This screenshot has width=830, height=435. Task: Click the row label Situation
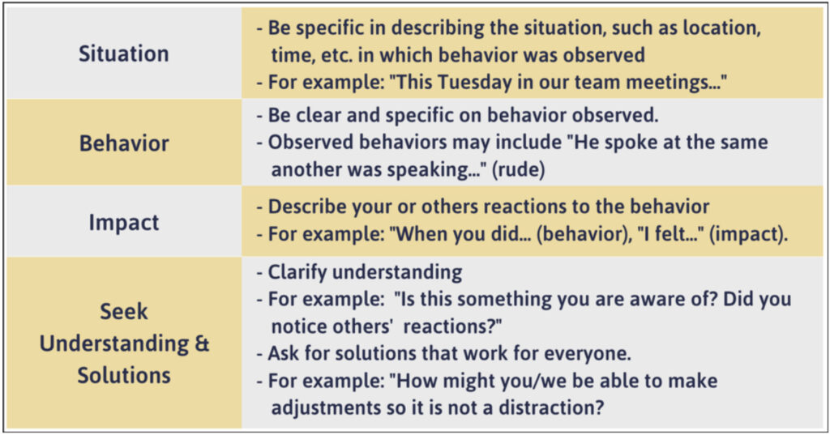(123, 54)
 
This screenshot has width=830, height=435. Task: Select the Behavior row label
(123, 143)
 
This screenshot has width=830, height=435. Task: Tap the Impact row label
(123, 222)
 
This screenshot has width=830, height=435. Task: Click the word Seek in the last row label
(123, 312)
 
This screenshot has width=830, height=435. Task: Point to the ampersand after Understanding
(202, 343)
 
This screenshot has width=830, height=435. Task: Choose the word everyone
(587, 354)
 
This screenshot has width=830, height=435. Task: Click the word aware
(660, 299)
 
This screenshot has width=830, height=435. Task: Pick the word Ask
(283, 354)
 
